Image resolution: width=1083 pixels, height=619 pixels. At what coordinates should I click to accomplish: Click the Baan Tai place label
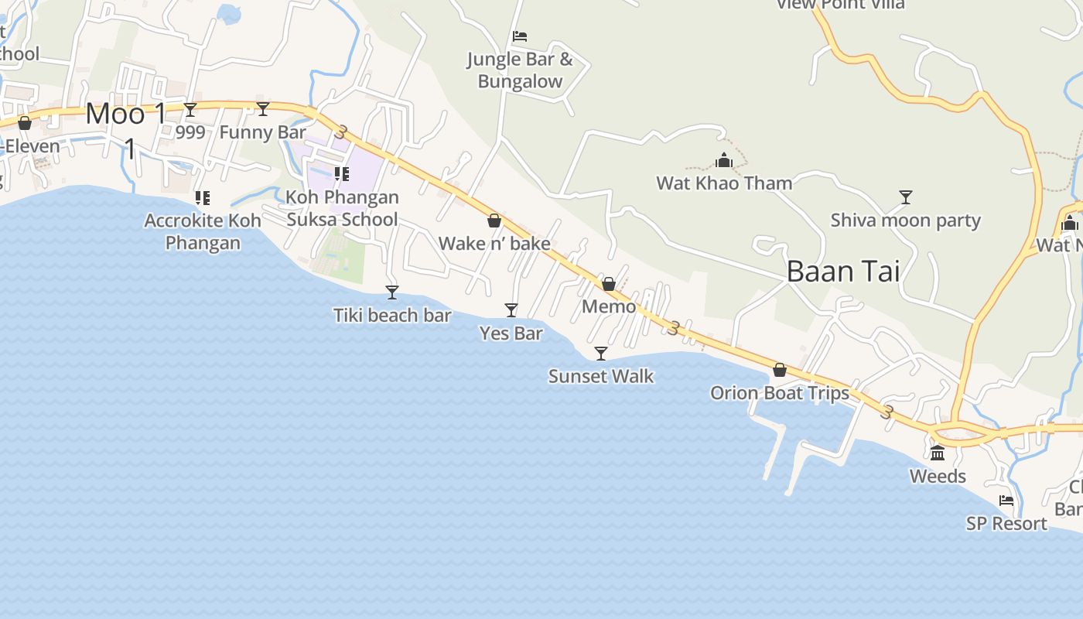coord(843,271)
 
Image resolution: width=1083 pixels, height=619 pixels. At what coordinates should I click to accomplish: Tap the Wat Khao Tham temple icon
coord(724,160)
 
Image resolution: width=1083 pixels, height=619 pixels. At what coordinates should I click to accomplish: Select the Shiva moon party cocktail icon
coord(906,197)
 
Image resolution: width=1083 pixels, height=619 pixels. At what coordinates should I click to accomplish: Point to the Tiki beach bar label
coord(392,315)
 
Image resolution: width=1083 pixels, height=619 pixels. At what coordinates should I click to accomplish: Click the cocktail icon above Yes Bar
coord(511,310)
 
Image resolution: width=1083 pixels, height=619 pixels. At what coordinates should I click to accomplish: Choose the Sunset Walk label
coord(601,377)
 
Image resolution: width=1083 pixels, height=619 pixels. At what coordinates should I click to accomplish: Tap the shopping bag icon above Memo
coord(609,284)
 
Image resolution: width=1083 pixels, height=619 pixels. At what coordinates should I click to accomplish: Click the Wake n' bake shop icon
coord(494,221)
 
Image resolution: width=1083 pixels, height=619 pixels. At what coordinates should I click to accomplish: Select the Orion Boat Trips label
coord(780,393)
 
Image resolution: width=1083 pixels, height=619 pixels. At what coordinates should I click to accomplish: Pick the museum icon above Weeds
coord(938,453)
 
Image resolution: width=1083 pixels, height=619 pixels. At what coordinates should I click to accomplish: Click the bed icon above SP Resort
coord(1006,501)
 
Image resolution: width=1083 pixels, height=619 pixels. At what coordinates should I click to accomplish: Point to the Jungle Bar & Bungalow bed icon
coord(520,36)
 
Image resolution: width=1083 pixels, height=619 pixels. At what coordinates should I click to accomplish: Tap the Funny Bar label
coord(262,132)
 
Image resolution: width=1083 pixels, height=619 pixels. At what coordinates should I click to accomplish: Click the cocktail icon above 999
coord(190,110)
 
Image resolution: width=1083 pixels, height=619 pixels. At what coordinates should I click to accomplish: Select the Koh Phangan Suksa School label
coord(342,208)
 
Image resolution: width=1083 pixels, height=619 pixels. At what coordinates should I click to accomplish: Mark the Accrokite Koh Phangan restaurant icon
coord(203,198)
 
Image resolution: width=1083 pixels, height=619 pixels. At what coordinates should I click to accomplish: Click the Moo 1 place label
coord(126,115)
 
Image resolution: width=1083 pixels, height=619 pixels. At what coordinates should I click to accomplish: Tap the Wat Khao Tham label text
coord(724,183)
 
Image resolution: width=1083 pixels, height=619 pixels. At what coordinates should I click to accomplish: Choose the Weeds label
coord(938,476)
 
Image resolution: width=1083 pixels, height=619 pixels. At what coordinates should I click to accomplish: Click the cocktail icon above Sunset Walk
coord(601,354)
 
